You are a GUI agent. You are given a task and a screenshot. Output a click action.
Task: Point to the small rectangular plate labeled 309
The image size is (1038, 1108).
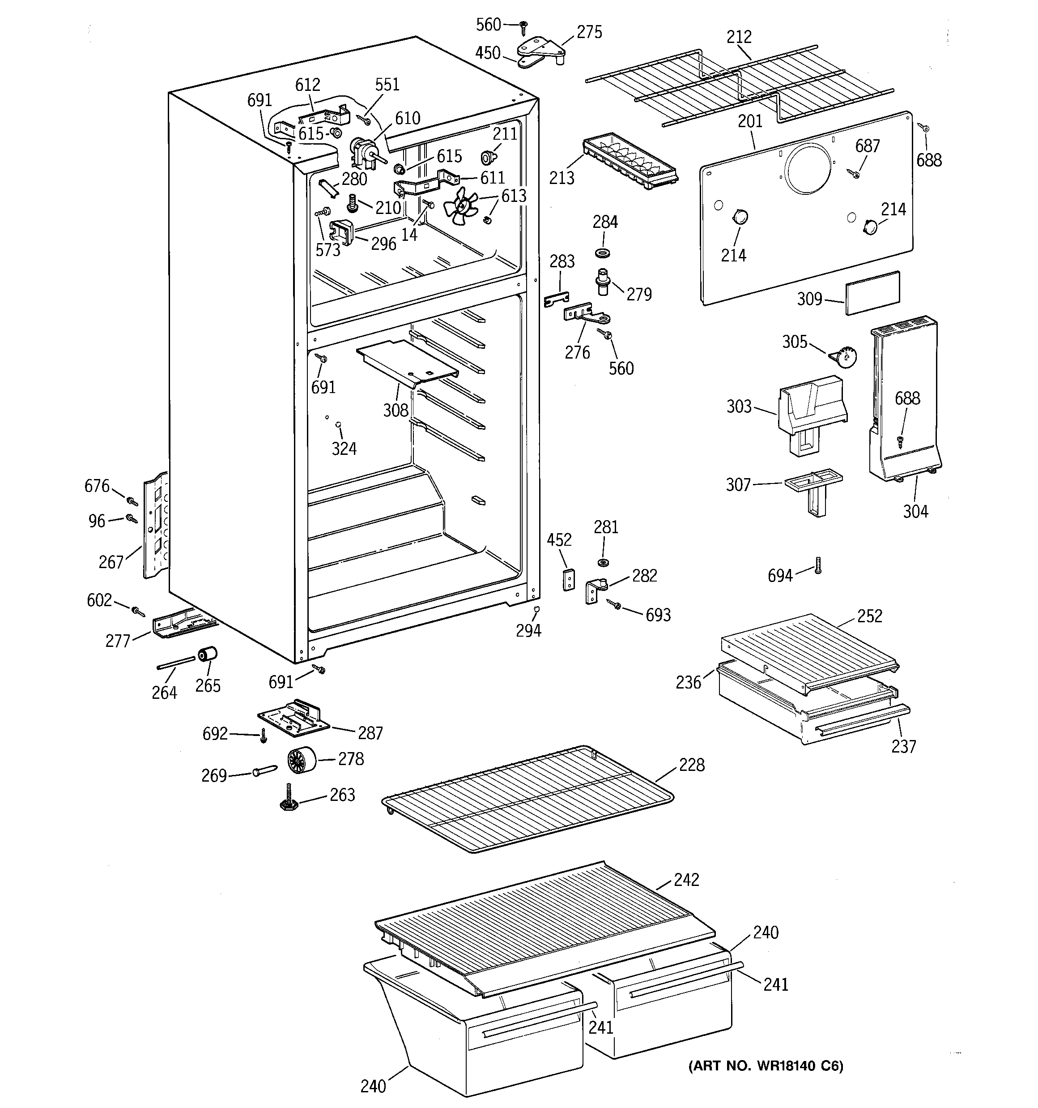tap(872, 293)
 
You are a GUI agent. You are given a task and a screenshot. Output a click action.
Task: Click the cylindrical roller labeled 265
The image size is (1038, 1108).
tap(207, 655)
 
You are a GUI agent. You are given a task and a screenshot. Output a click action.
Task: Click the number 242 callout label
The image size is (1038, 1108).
tap(686, 880)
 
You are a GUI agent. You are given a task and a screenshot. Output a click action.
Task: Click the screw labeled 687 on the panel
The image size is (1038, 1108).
tap(854, 173)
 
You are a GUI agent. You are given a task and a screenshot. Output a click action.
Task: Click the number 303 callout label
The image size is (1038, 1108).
tap(739, 406)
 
